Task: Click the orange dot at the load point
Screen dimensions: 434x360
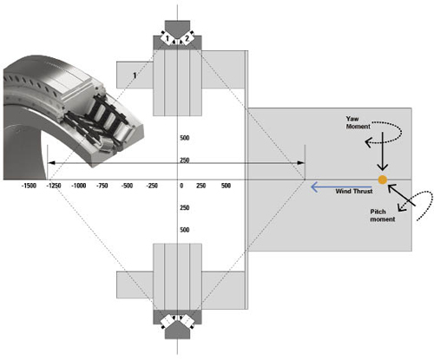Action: [383, 180]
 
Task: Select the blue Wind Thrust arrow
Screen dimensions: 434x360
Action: [341, 187]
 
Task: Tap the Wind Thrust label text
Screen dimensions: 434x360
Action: [354, 191]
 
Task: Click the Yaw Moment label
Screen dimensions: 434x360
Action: [358, 122]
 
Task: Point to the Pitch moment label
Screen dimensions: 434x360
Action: [383, 215]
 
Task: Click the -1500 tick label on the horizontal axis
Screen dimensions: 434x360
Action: [29, 186]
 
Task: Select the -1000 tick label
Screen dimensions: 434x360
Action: [79, 186]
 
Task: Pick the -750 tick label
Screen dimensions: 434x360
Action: [102, 186]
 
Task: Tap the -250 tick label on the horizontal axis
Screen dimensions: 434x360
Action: [152, 186]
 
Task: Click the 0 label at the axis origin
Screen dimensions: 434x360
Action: [181, 186]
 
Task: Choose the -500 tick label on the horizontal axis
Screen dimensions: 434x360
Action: [127, 186]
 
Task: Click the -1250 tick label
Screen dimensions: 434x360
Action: [54, 186]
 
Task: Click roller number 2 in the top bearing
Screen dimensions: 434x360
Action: [187, 38]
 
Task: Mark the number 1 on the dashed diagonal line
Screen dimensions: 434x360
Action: [135, 75]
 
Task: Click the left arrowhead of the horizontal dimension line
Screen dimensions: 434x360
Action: [51, 163]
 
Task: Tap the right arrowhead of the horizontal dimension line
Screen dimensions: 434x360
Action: [301, 163]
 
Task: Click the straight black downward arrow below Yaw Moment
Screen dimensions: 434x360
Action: [383, 151]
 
